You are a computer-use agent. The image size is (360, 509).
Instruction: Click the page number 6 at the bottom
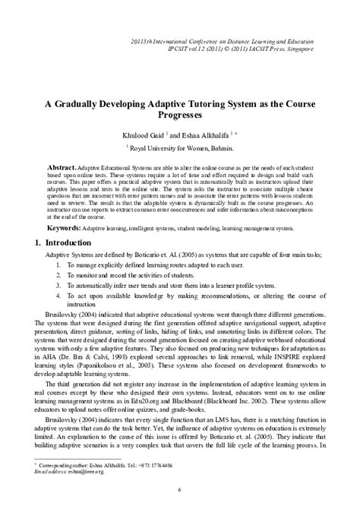pos(179,491)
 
